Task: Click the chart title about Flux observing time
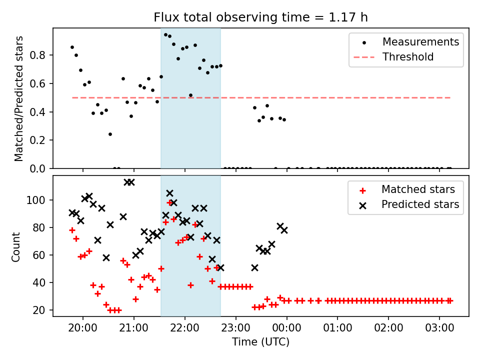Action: click(260, 18)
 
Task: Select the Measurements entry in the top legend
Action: click(420, 42)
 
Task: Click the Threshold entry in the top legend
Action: click(408, 57)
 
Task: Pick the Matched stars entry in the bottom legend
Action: click(418, 189)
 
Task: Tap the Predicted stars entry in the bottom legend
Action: click(420, 204)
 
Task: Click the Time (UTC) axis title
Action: click(260, 342)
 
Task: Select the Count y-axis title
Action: click(16, 247)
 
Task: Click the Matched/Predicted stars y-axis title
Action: click(19, 98)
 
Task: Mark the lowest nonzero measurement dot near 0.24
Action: click(110, 134)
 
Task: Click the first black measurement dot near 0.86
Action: click(72, 47)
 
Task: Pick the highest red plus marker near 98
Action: click(169, 202)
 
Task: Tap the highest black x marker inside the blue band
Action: click(169, 193)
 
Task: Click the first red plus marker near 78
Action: click(72, 230)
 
